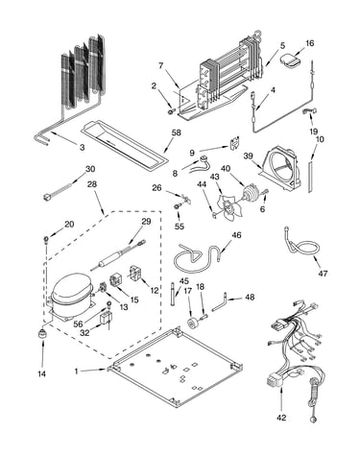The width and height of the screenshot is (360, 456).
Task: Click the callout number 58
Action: pyautogui.click(x=176, y=132)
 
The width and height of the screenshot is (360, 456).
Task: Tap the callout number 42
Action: pyautogui.click(x=281, y=418)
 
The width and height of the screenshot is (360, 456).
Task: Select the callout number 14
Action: pyautogui.click(x=42, y=373)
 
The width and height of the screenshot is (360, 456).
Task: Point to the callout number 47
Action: pyautogui.click(x=323, y=274)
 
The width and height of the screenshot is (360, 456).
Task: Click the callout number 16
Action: pyautogui.click(x=309, y=43)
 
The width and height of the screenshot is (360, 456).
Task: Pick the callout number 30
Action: pyautogui.click(x=90, y=169)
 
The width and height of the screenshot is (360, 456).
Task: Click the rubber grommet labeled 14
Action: pyautogui.click(x=42, y=334)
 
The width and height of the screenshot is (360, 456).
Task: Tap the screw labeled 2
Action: pyautogui.click(x=171, y=111)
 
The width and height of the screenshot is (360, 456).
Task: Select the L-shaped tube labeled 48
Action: pyautogui.click(x=220, y=303)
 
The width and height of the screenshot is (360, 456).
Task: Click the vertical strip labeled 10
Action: pyautogui.click(x=310, y=177)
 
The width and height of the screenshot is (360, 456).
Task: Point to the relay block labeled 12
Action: pyautogui.click(x=138, y=274)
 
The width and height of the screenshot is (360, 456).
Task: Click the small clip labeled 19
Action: pyautogui.click(x=310, y=111)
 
